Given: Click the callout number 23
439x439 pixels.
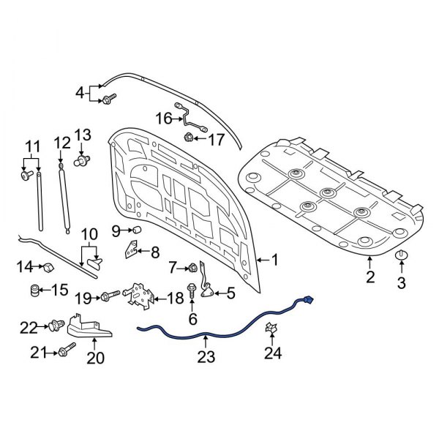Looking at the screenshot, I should pos(207,358).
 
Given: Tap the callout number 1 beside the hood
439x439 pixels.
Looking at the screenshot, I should pos(275,260).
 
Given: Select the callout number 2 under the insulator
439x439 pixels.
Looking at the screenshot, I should pos(370,277).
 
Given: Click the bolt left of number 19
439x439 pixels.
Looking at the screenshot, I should pos(110,296).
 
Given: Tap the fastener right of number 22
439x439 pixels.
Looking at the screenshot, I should pos(59,325).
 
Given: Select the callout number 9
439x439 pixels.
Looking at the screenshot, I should pos(116,231).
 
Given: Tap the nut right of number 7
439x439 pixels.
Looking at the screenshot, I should pos(192,267).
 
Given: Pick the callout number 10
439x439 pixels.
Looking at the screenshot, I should pos(89,235).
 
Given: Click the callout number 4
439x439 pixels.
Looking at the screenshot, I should pos(80,92).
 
